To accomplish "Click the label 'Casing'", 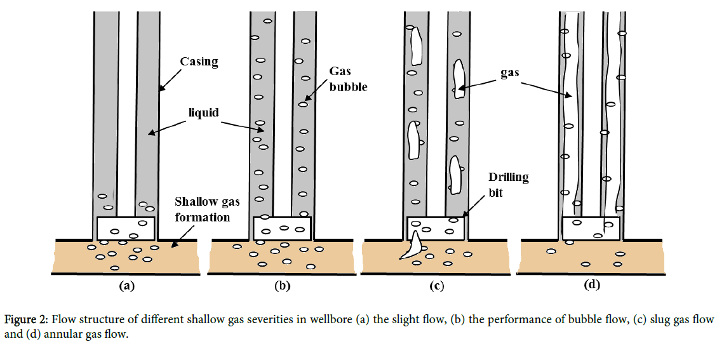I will [199, 62].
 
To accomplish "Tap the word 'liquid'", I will [203, 112].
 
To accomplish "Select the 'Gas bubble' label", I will [348, 79].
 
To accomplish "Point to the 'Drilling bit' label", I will [508, 184].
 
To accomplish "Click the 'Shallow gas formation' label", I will [202, 210].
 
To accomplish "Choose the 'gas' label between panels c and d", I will [509, 72].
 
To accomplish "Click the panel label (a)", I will [128, 286].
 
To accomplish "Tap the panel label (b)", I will [282, 286].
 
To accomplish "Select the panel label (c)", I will [436, 286].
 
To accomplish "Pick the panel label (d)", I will [591, 285].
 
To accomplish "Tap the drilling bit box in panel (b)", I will [282, 228].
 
